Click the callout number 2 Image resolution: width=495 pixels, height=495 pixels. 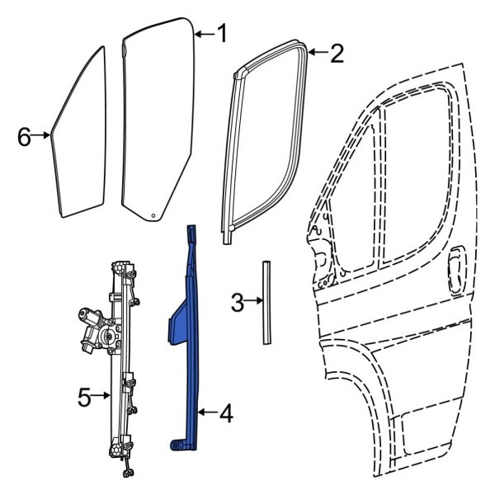336,54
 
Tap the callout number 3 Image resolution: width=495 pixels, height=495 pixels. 237,304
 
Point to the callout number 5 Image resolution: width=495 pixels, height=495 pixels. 84,397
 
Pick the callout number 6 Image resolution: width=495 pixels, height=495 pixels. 26,136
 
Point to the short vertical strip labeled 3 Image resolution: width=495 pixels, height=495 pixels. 266,301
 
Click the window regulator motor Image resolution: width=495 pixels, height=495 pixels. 93,325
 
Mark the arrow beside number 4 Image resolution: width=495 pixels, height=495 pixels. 206,411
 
